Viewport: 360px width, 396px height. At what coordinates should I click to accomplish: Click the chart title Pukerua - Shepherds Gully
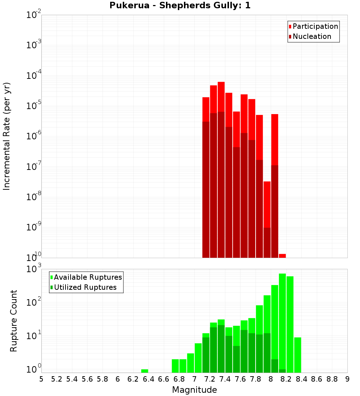pos(180,6)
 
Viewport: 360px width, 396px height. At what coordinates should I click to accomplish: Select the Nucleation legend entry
pos(312,36)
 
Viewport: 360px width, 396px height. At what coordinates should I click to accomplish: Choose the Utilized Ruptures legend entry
pos(85,287)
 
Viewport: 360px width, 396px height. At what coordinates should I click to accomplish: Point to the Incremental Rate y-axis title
pos(7,136)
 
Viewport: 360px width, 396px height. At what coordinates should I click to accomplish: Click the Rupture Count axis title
pos(14,321)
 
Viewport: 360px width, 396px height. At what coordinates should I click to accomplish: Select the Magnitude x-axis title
pos(194,390)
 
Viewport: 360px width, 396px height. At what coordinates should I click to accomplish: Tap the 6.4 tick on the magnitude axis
pos(148,379)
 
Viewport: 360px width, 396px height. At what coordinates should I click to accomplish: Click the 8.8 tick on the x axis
pos(332,379)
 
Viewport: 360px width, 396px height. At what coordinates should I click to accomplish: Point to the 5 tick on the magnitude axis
pos(41,379)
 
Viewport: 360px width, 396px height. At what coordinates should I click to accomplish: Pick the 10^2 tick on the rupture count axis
pos(34,302)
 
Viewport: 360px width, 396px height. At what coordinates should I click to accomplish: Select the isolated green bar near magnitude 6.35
pos(145,371)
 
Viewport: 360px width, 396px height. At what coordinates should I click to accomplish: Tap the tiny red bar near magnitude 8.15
pos(282,256)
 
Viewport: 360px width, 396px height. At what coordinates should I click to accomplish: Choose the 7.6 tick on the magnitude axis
pos(240,379)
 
